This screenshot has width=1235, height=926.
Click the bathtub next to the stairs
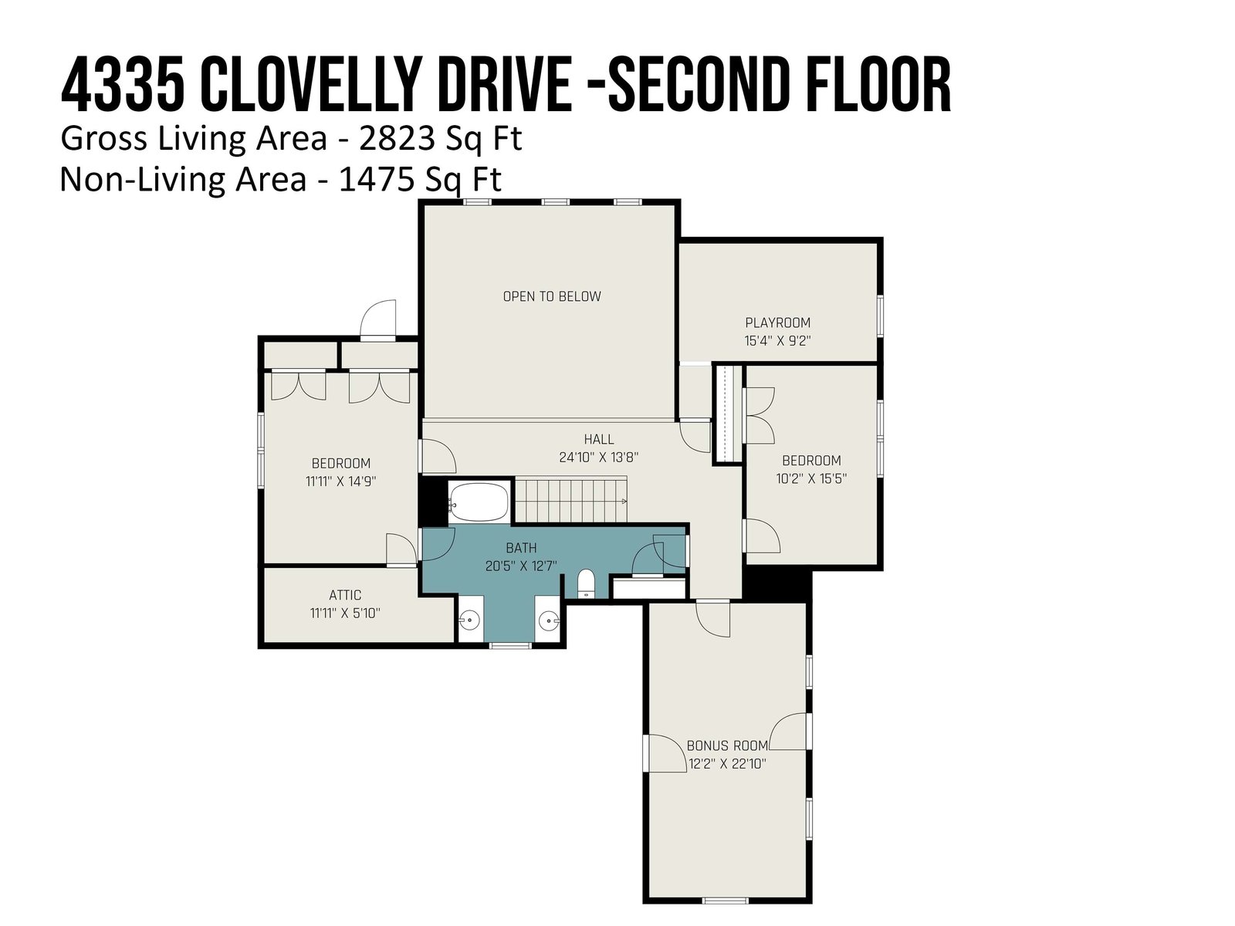click(x=479, y=502)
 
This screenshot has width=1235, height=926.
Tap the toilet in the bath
click(x=586, y=584)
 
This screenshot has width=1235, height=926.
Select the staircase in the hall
click(x=571, y=499)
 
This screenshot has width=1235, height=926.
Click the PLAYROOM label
click(x=777, y=323)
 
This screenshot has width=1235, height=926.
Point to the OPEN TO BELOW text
click(x=552, y=296)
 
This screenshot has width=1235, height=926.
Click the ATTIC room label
click(x=345, y=595)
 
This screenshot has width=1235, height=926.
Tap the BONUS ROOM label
click(x=727, y=746)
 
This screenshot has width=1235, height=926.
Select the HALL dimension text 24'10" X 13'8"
click(x=599, y=457)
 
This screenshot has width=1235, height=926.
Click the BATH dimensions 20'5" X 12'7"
click(x=521, y=566)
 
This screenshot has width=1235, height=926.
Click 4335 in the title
click(x=123, y=86)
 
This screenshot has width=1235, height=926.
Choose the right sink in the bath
click(x=548, y=620)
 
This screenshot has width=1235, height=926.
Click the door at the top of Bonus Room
click(x=713, y=618)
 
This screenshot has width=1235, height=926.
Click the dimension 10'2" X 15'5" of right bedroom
click(x=811, y=478)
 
